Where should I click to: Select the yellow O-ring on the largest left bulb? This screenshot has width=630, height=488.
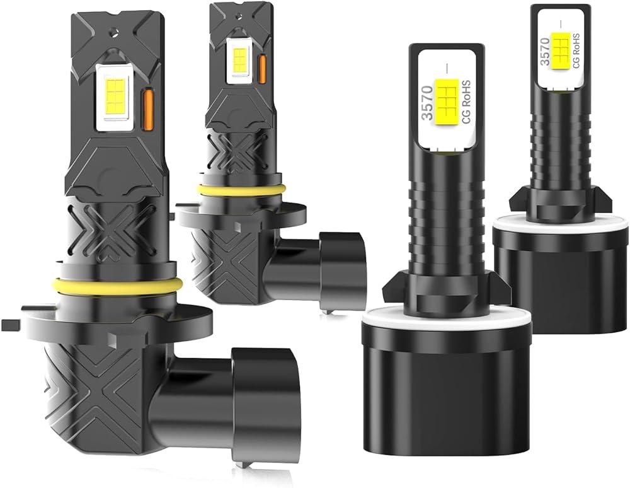pos(117,284)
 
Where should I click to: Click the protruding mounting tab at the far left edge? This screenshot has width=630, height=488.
pos(11,325)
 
